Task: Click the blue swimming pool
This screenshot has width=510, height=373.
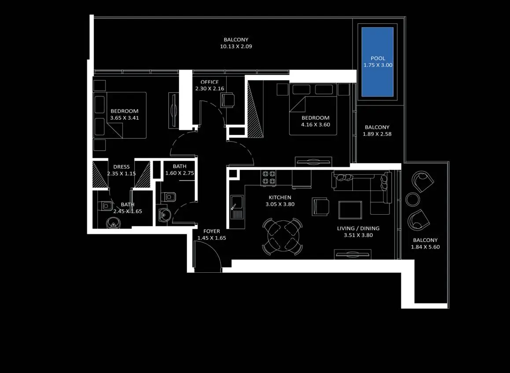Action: [377, 62]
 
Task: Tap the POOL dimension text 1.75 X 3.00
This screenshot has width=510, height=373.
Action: [378, 65]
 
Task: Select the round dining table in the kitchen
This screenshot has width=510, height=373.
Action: [283, 236]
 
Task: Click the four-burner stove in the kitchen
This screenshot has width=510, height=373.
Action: [269, 178]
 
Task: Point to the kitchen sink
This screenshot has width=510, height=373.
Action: [237, 207]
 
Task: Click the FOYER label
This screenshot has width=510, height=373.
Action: [212, 231]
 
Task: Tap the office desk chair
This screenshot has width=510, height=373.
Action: [227, 100]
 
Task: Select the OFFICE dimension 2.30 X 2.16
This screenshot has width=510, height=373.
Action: [210, 88]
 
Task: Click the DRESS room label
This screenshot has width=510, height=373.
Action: [121, 167]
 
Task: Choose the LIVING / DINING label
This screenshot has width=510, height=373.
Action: [358, 228]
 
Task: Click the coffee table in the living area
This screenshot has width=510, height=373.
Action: [350, 210]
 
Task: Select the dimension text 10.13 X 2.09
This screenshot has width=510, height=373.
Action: [236, 47]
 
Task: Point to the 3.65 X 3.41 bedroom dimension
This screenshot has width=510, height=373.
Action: [125, 118]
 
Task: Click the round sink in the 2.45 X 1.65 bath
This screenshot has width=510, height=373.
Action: [114, 223]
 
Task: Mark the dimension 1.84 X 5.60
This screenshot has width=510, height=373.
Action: [426, 247]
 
